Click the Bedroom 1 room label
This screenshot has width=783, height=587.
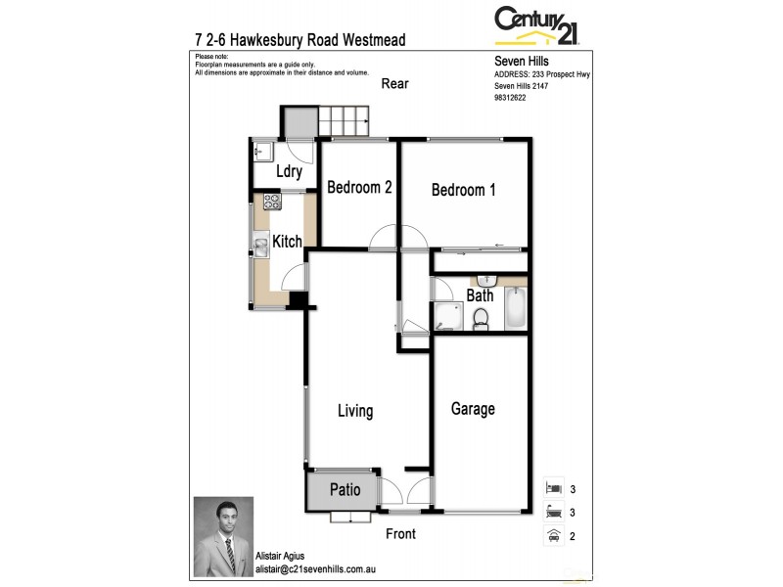point(463,190)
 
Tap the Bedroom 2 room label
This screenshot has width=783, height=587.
point(359,187)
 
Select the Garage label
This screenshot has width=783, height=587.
point(473,409)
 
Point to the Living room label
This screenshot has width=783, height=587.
point(355,411)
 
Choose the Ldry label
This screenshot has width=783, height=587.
point(288,172)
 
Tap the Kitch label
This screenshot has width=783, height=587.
point(287,242)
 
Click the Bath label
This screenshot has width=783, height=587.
point(480,295)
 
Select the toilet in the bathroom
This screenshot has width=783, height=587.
point(481,318)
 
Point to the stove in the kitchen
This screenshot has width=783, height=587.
point(271,202)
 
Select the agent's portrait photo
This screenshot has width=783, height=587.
point(223,536)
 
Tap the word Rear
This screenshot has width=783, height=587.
point(395,84)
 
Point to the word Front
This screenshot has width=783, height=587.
point(400,533)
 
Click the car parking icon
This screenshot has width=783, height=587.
point(553,534)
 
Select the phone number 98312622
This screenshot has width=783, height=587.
point(510,98)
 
